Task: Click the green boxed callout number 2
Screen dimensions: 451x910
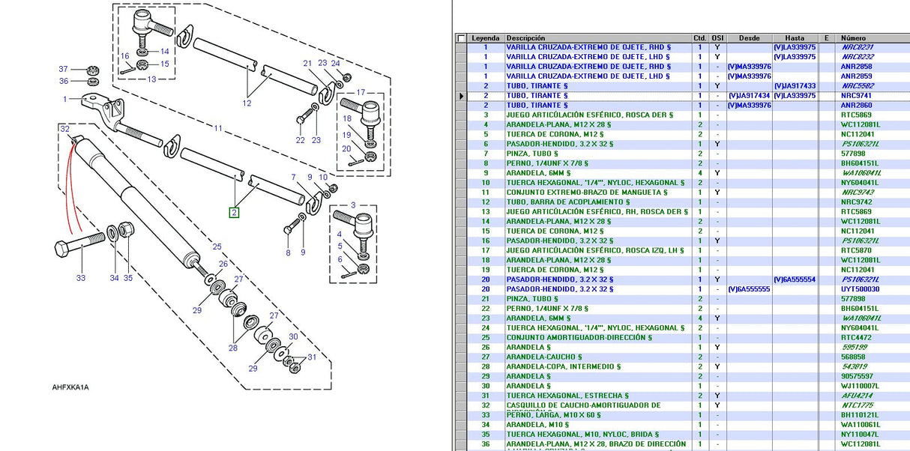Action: click(x=234, y=213)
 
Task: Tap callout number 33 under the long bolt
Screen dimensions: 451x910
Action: click(x=80, y=278)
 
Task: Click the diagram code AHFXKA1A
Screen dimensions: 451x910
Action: click(x=70, y=387)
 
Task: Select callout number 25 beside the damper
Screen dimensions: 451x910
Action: click(x=217, y=246)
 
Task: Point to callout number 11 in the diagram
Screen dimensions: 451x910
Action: click(x=218, y=128)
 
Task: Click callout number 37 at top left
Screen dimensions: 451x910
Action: click(x=63, y=69)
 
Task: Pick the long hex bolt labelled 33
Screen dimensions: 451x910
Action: click(x=79, y=244)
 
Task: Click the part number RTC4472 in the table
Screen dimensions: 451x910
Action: click(x=855, y=337)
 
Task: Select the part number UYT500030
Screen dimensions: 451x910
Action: click(x=859, y=289)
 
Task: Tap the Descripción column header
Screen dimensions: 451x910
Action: click(x=525, y=38)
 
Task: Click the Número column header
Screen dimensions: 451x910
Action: click(x=853, y=38)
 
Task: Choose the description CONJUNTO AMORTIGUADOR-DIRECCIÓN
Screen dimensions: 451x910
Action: click(x=578, y=337)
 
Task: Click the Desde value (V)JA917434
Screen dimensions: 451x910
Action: click(x=749, y=96)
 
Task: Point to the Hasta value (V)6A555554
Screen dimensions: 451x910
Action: click(x=795, y=279)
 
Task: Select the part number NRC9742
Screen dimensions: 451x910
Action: click(x=856, y=202)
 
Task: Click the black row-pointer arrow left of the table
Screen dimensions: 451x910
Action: click(x=462, y=96)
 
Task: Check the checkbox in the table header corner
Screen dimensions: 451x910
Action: click(x=461, y=38)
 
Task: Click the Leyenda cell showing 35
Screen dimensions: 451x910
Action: click(x=485, y=434)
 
